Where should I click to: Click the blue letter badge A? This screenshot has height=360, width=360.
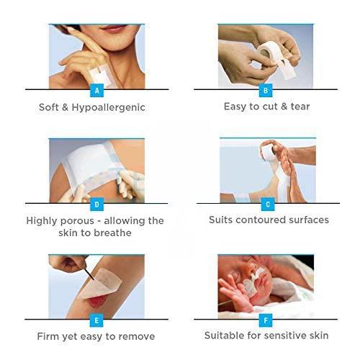96,91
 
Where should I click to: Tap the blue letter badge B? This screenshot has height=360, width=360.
266,91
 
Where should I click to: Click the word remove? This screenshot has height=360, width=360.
135,336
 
